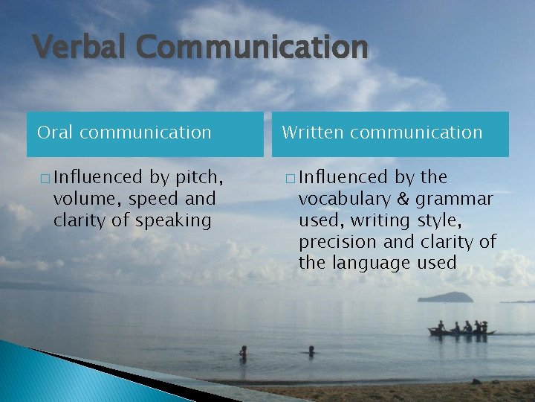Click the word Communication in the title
[x=252, y=48]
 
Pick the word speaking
[x=176, y=220]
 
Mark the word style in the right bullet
[x=434, y=220]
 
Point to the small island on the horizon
[x=445, y=297]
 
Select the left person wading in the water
[x=243, y=353]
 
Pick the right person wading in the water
[x=311, y=350]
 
